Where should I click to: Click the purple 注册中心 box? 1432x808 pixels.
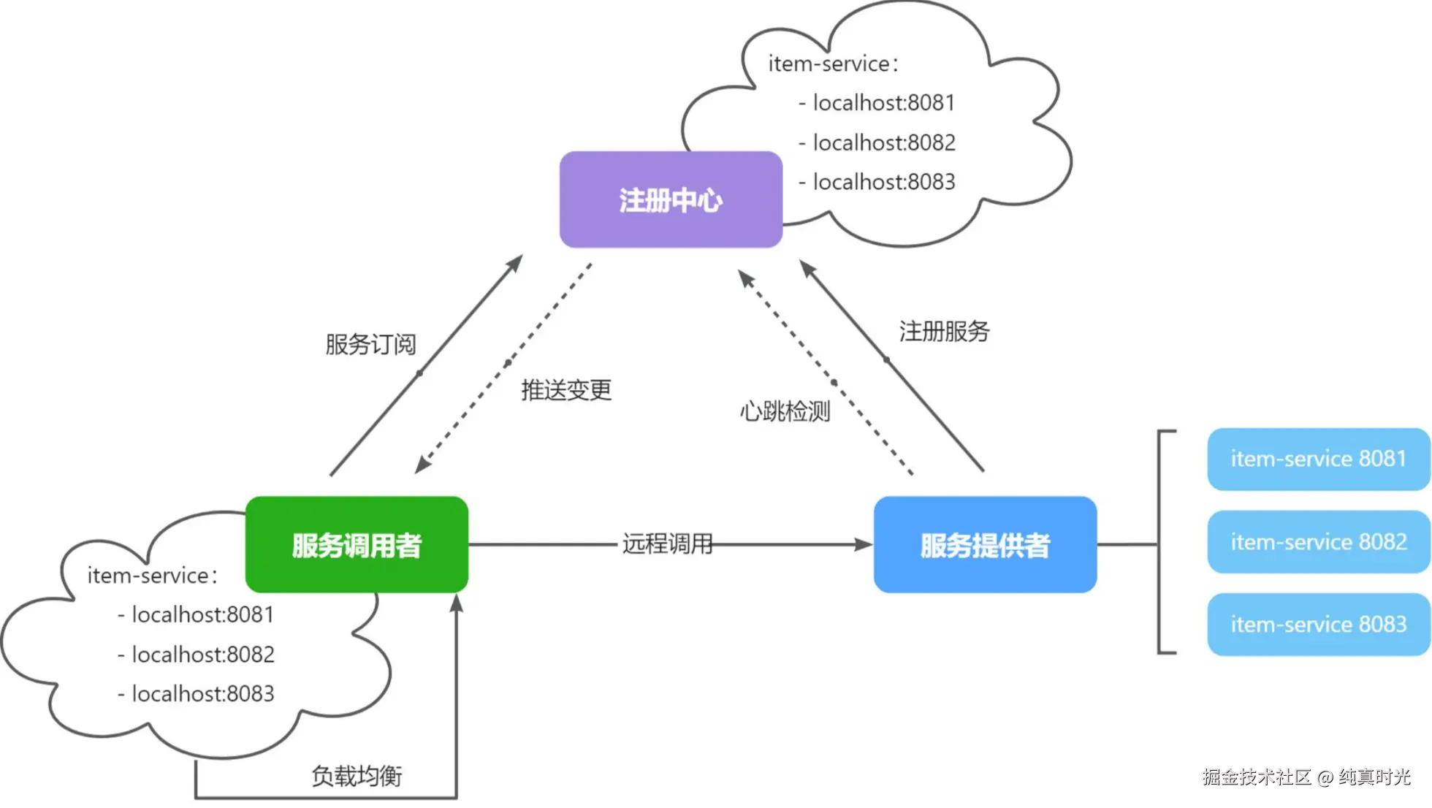coord(671,199)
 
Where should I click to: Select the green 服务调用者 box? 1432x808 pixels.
coord(357,545)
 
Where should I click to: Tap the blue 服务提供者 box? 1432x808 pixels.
coord(985,545)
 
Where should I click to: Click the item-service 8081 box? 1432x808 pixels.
coord(1318,459)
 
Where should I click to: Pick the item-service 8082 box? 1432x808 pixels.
coord(1318,542)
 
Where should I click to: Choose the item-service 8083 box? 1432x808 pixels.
coord(1318,625)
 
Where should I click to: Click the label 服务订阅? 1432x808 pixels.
coord(370,344)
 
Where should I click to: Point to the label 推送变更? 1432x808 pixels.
coord(566,390)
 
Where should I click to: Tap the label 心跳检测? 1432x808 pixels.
coord(785,411)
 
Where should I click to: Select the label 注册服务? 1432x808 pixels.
coord(944,332)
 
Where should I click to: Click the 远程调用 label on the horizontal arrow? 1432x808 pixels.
coord(667,544)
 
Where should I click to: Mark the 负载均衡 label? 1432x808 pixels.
coord(357,776)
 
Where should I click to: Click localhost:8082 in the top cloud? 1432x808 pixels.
coord(883,142)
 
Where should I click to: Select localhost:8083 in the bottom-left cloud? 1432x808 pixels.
coord(202,693)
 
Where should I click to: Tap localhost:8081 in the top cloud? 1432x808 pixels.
coord(883,103)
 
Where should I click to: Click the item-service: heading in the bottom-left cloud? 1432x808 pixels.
coord(152,576)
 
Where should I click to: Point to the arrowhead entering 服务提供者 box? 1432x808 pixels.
coord(864,544)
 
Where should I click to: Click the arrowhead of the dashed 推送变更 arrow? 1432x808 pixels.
coord(422,465)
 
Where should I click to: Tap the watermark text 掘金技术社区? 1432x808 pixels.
coord(1257,777)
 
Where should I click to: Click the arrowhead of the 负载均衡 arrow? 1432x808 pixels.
coord(457,603)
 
